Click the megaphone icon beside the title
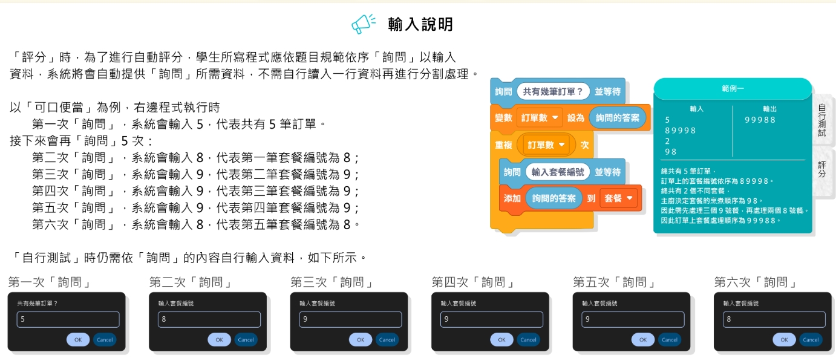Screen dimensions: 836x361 click(363, 24)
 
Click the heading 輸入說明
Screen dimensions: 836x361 click(420, 24)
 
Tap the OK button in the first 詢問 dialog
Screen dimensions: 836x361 click(78, 340)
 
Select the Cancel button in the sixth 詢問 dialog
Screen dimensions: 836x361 click(811, 340)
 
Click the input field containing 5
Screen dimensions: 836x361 click(68, 320)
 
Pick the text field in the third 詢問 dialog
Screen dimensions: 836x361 click(350, 320)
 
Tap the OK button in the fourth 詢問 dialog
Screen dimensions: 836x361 click(501, 340)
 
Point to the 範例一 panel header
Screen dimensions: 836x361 click(733, 89)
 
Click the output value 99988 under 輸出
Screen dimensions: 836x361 click(760, 120)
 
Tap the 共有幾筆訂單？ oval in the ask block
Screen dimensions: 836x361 click(553, 91)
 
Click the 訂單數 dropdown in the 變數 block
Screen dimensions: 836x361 click(540, 118)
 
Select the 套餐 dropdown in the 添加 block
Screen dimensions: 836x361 click(618, 198)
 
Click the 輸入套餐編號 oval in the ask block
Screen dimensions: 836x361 click(558, 172)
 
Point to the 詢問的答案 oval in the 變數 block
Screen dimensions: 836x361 click(617, 118)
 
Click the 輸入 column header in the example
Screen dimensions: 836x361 click(696, 109)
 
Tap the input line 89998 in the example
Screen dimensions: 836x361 click(681, 131)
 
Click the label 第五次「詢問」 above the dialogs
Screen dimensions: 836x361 click(615, 282)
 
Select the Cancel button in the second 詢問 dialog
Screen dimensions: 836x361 click(246, 340)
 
